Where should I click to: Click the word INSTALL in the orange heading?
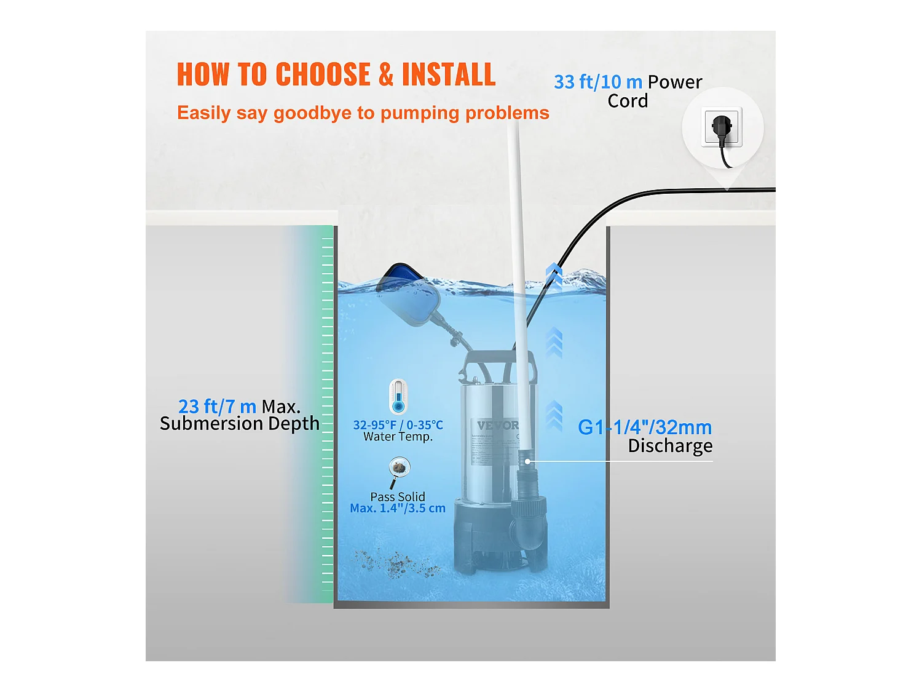[448, 75]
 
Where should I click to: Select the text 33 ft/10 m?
[598, 82]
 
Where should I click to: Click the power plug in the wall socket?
[722, 129]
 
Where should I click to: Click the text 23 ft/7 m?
[217, 407]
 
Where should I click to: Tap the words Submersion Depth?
[240, 424]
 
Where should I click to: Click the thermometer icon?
[398, 397]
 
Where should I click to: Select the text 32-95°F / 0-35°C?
[398, 425]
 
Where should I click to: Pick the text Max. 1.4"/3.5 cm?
[398, 509]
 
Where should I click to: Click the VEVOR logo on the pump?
[498, 426]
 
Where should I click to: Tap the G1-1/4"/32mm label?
[645, 428]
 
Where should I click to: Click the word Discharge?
[670, 446]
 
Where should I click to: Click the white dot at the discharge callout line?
[527, 461]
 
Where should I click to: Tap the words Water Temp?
[398, 437]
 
